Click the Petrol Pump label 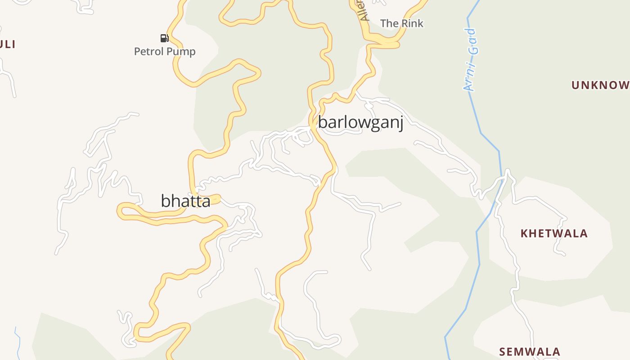(x=165, y=51)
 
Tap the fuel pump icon (x=164, y=38)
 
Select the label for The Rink (x=401, y=23)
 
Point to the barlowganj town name (x=360, y=122)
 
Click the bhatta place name (x=185, y=201)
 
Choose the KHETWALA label (x=554, y=234)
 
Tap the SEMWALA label (x=530, y=351)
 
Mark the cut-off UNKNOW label (x=600, y=85)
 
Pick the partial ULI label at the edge (x=8, y=44)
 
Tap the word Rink (x=412, y=23)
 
